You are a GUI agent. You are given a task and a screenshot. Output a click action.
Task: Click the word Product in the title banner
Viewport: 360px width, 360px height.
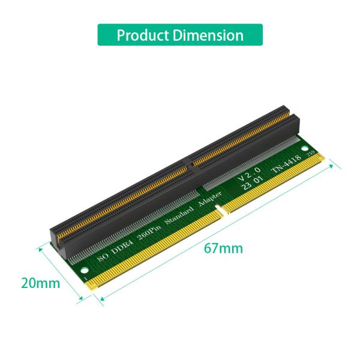(x=143, y=35)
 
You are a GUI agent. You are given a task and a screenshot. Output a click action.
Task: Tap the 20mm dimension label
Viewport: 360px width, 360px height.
(x=40, y=283)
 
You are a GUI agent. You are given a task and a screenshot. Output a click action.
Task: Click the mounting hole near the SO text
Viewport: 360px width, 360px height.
(x=82, y=260)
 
